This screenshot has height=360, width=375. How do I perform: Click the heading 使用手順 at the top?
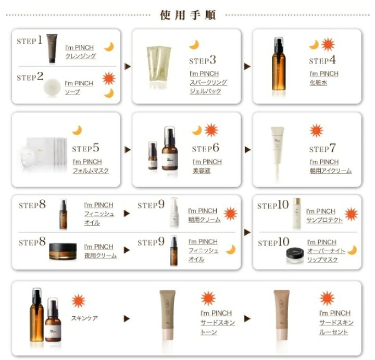(x=188, y=15)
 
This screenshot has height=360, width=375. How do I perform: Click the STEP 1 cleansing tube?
(x=52, y=48)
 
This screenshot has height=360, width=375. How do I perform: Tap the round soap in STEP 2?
(x=52, y=87)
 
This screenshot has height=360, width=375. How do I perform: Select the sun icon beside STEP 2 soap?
(x=109, y=79)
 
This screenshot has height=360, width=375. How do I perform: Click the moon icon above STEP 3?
(x=194, y=45)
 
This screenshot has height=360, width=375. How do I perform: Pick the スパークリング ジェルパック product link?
(x=208, y=82)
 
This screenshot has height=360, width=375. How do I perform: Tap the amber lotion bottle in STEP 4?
(x=279, y=63)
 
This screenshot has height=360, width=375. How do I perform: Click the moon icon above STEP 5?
(x=77, y=131)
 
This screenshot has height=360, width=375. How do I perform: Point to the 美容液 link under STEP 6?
(x=202, y=171)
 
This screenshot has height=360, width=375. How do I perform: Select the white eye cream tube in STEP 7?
(x=278, y=153)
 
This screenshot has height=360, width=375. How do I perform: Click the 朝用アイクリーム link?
(x=331, y=171)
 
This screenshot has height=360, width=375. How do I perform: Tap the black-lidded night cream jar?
(x=63, y=251)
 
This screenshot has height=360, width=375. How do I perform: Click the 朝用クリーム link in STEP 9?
(x=204, y=220)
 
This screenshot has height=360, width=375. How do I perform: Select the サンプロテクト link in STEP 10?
(x=324, y=220)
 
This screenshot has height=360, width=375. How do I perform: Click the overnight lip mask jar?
(x=295, y=255)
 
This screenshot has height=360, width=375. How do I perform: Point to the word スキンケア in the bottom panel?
(x=84, y=318)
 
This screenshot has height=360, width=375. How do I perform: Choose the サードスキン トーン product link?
(x=218, y=323)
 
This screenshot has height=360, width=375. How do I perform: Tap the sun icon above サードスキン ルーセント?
(x=327, y=298)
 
